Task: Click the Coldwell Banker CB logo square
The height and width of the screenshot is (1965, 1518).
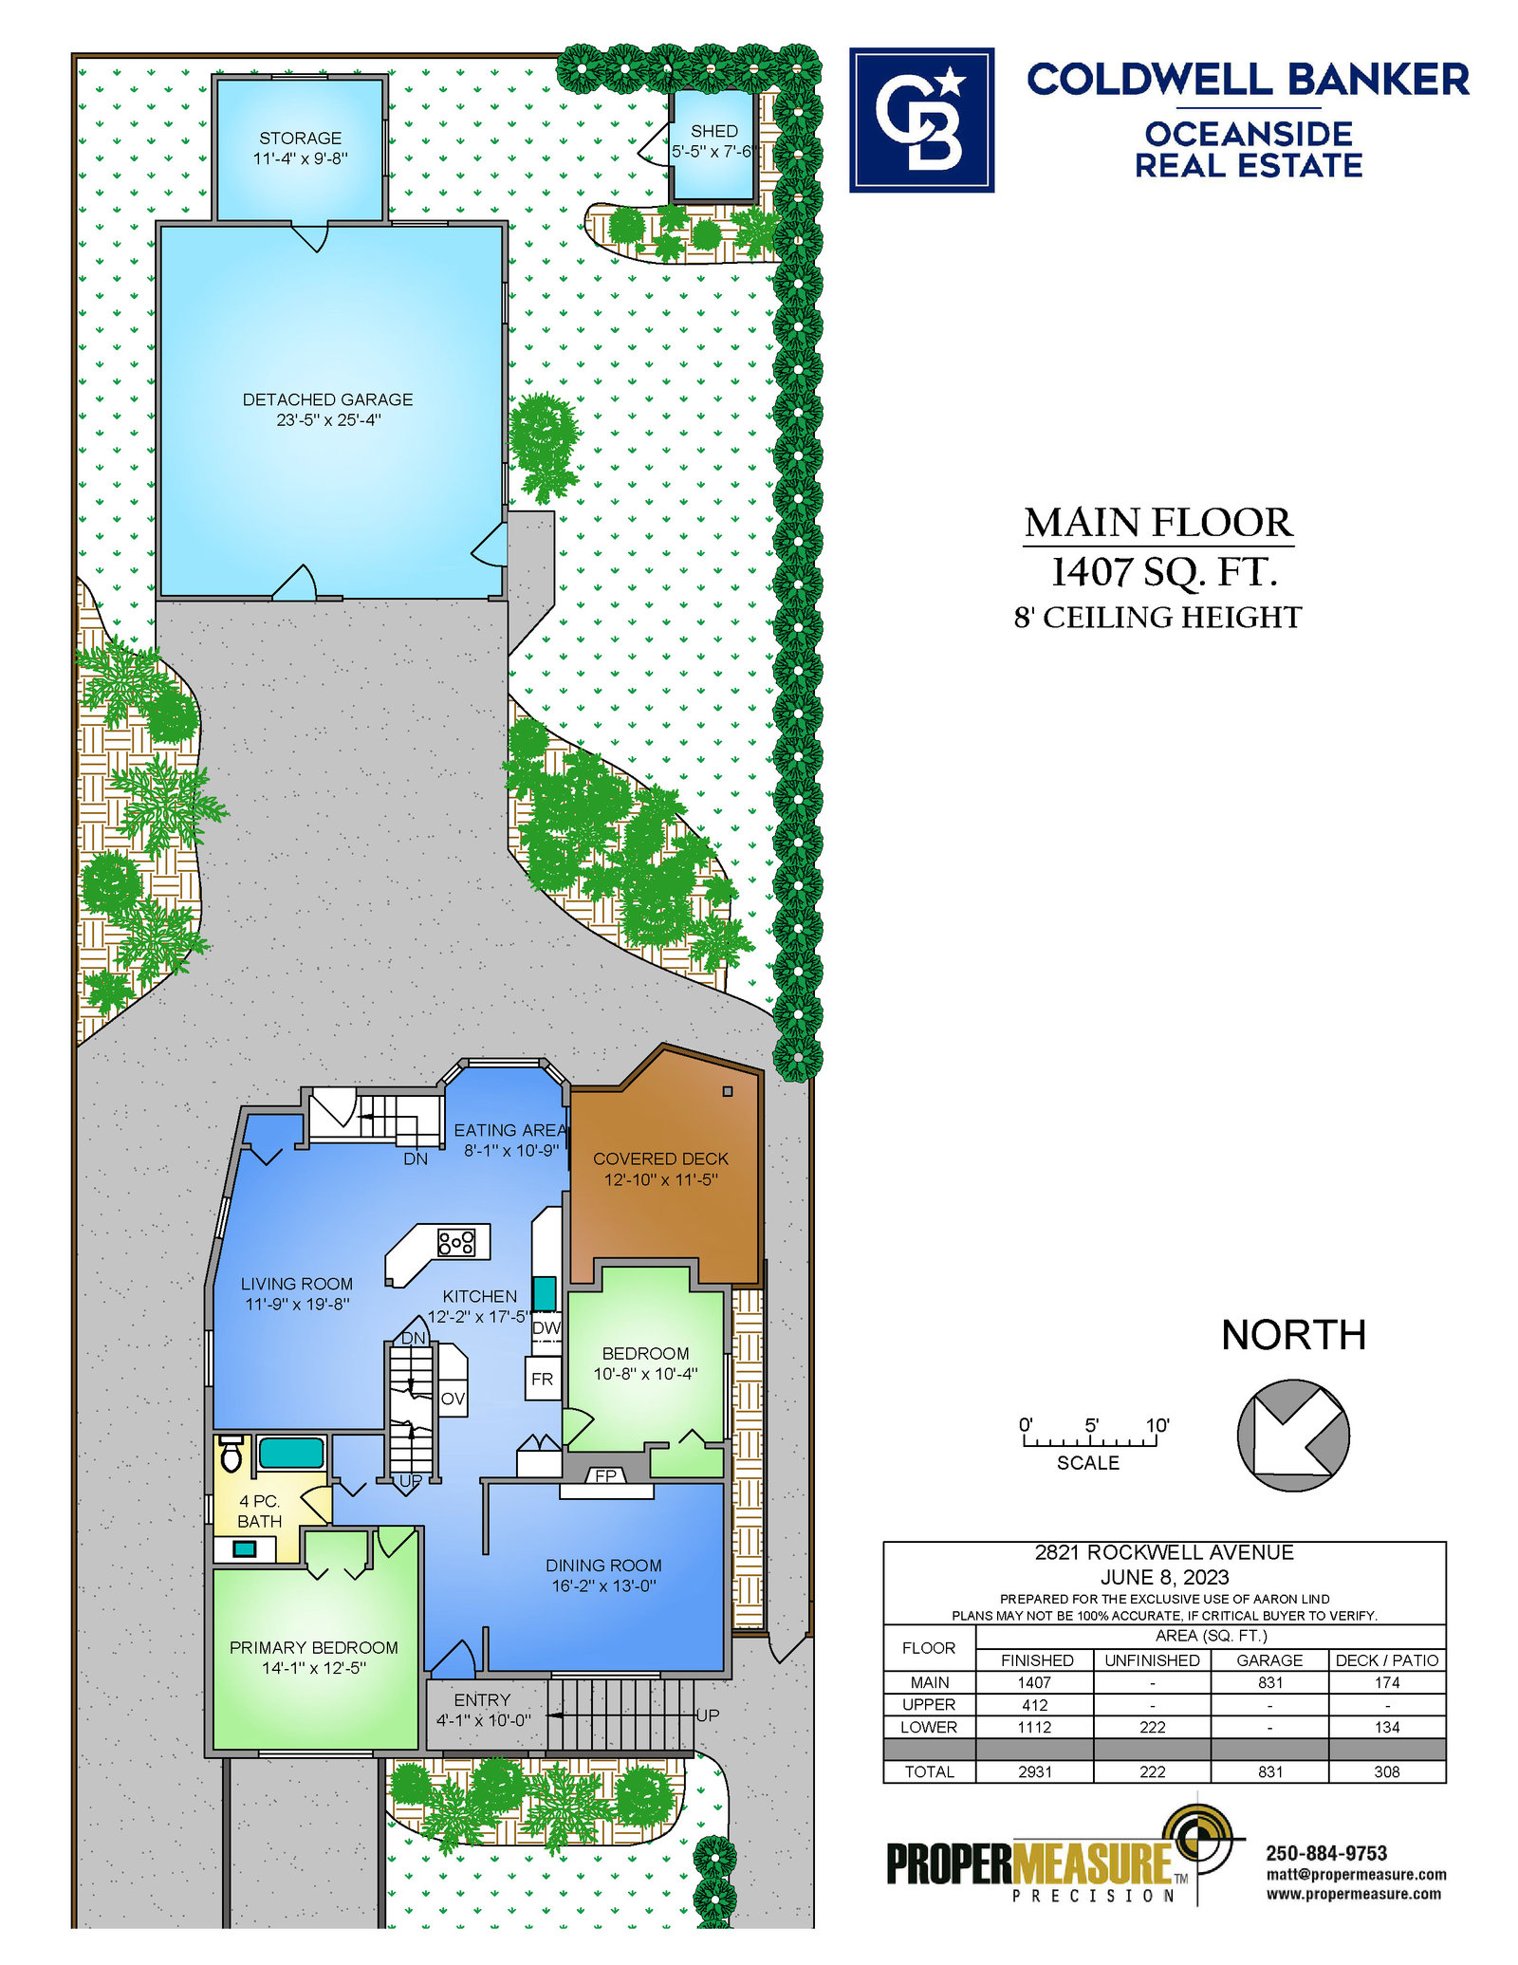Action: pos(921,120)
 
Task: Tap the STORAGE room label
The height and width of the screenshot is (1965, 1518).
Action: pos(301,139)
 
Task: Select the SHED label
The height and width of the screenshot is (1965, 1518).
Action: pos(714,131)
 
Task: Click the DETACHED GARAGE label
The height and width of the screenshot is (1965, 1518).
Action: pos(328,399)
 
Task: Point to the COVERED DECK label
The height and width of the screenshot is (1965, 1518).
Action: pos(661,1159)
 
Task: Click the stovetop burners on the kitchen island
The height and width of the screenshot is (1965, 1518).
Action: pos(456,1242)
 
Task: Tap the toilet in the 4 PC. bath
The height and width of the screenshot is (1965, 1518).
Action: pos(231,1454)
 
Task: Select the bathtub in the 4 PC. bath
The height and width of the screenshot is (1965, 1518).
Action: pos(292,1454)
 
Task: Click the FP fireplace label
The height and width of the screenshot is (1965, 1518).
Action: pos(606,1475)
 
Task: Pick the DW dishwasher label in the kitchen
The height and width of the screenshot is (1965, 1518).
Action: pos(546,1327)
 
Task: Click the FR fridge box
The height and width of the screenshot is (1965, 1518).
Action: pos(543,1379)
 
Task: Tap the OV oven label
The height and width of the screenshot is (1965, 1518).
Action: pos(454,1399)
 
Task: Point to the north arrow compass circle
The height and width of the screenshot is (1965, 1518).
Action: pos(1293,1435)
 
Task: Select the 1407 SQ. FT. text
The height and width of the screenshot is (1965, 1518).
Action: pos(1164,572)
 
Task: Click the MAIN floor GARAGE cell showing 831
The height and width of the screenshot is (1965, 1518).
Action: pos(1270,1682)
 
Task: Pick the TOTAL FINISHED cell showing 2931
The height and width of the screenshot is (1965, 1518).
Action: pos(1035,1771)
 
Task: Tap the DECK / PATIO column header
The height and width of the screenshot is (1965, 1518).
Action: pos(1387,1660)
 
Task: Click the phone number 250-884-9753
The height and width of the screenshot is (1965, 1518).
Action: pos(1326,1853)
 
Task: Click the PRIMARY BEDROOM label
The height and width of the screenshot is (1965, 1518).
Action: pos(314,1647)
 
